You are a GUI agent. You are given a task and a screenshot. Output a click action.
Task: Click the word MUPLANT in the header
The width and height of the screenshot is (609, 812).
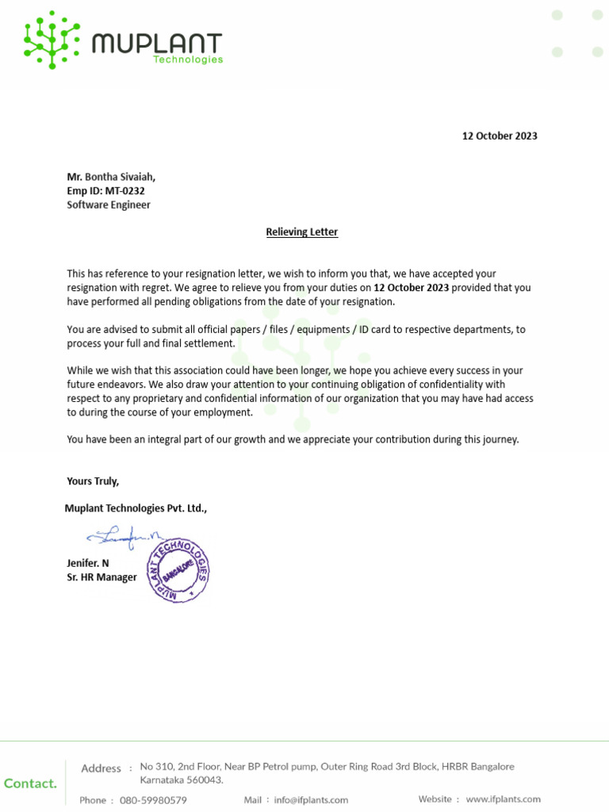tap(157, 43)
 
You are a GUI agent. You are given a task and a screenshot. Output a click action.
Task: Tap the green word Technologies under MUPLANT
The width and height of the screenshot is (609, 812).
tap(188, 59)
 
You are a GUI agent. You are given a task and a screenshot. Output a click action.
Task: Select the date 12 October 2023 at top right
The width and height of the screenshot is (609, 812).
tap(500, 136)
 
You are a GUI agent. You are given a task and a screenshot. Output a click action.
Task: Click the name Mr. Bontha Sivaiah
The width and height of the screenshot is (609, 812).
tap(117, 177)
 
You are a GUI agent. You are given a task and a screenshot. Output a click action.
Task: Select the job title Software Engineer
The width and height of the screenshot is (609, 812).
tap(109, 205)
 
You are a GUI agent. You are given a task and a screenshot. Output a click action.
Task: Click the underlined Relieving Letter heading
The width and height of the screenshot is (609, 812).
tap(301, 232)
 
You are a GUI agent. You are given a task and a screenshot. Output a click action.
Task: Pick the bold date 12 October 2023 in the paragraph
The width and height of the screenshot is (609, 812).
tap(411, 288)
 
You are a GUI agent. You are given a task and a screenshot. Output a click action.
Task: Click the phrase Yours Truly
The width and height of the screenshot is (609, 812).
tap(93, 481)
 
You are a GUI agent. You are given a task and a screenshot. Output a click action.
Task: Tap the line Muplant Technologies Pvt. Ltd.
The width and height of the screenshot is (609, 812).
tap(136, 507)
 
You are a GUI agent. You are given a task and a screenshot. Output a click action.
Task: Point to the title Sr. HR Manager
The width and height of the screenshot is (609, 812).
tap(101, 577)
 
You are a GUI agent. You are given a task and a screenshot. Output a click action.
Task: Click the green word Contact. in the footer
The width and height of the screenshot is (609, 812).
tap(30, 783)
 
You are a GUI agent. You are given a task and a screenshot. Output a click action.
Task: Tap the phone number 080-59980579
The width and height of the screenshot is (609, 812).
tap(153, 800)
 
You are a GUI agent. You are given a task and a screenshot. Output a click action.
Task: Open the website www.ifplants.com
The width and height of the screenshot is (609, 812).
tap(503, 799)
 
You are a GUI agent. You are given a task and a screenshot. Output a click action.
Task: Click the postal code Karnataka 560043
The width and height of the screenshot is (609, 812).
tap(182, 779)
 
